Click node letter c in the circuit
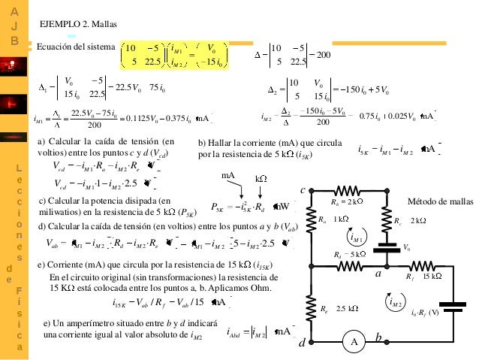[x=303, y=190]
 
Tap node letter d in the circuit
[x=301, y=343]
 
